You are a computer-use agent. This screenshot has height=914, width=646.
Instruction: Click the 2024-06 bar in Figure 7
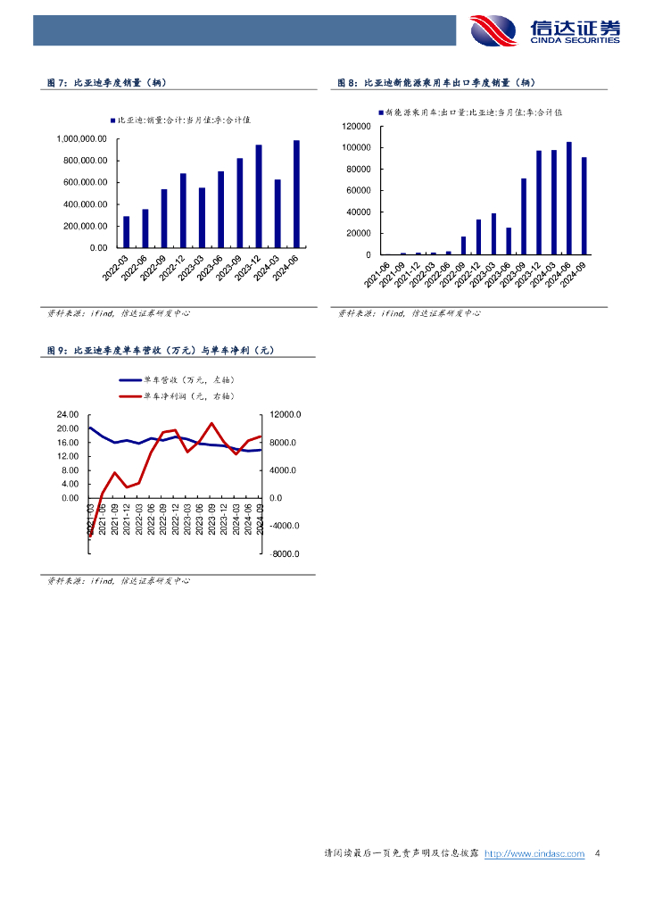pyautogui.click(x=296, y=194)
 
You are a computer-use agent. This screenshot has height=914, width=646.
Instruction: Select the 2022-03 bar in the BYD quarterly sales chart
pyautogui.click(x=127, y=231)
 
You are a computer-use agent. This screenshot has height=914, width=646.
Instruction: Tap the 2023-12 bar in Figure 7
pyautogui.click(x=259, y=196)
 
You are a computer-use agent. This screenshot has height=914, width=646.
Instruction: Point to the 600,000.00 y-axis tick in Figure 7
pyautogui.click(x=82, y=182)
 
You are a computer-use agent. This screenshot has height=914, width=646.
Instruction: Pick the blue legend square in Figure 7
pyautogui.click(x=112, y=120)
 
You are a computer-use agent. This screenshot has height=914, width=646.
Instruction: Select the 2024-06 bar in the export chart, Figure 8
pyautogui.click(x=569, y=198)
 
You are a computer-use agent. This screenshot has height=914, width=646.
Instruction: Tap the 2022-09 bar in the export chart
pyautogui.click(x=463, y=245)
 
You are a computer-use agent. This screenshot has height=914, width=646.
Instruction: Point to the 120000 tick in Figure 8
pyautogui.click(x=357, y=126)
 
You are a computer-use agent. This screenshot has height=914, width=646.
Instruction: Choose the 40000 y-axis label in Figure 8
pyautogui.click(x=360, y=212)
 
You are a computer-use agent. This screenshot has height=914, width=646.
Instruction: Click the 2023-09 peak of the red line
pyautogui.click(x=211, y=423)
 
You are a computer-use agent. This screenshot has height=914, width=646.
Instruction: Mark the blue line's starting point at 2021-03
pyautogui.click(x=89, y=428)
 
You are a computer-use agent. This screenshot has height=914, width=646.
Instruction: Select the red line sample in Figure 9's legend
pyautogui.click(x=129, y=395)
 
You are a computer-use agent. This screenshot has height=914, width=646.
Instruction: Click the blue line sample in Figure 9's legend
pyautogui.click(x=129, y=380)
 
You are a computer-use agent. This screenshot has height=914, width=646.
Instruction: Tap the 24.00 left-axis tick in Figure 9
pyautogui.click(x=68, y=414)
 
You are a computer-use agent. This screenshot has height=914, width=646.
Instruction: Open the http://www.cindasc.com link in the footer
pyautogui.click(x=534, y=854)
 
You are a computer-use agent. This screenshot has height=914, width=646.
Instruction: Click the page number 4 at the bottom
pyautogui.click(x=597, y=854)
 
